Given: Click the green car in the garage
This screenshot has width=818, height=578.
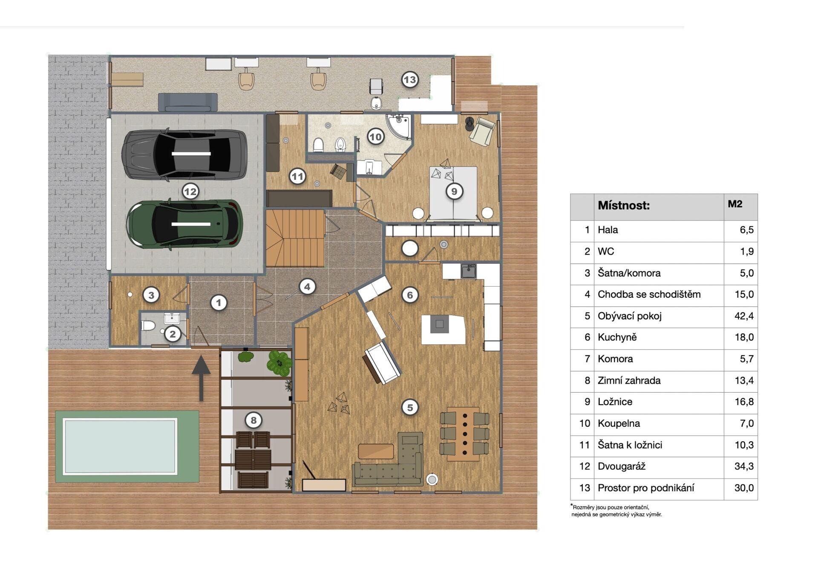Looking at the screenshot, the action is [x=184, y=224].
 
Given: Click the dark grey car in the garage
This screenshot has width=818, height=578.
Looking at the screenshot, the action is [x=184, y=154].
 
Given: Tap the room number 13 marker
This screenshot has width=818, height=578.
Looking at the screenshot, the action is [x=409, y=80].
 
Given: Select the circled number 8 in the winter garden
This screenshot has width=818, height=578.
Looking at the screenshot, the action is [x=253, y=420].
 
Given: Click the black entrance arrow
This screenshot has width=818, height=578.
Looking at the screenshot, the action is [x=201, y=379].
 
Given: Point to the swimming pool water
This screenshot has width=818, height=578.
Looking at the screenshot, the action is [x=120, y=446].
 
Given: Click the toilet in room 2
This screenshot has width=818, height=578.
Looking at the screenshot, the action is [x=148, y=326].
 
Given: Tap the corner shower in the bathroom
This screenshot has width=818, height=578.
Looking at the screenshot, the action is [x=399, y=126].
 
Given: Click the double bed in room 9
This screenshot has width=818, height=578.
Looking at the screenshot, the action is [x=453, y=193].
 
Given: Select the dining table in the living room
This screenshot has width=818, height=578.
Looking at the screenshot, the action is [x=464, y=434].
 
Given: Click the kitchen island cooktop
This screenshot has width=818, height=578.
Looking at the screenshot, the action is [x=440, y=324].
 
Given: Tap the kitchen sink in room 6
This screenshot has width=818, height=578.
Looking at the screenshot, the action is [x=469, y=271].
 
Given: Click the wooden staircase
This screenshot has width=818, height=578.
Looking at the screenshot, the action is [x=295, y=238].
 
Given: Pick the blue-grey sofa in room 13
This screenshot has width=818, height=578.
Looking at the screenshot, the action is [x=188, y=102].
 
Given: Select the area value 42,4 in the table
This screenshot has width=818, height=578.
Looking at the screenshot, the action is [x=744, y=316].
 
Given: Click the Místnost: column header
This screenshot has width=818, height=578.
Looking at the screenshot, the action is [x=624, y=206].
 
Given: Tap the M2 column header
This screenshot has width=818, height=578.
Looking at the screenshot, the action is [x=735, y=204].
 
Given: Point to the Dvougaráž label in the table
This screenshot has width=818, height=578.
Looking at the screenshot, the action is [x=621, y=466].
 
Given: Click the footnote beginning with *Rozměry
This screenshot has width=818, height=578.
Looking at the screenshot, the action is [x=616, y=511].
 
